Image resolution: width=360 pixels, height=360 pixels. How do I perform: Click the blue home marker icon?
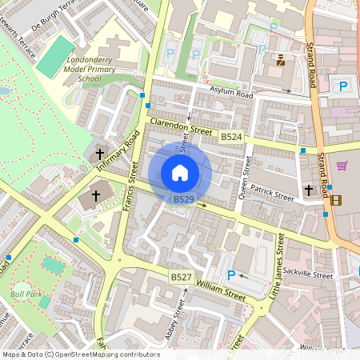click(x=180, y=173)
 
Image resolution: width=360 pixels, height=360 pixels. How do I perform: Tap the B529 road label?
click(x=184, y=198)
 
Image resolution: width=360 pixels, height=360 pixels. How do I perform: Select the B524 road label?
click(x=231, y=138)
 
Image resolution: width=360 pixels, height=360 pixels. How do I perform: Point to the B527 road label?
click(x=181, y=276)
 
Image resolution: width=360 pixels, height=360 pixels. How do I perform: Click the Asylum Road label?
click(x=231, y=94)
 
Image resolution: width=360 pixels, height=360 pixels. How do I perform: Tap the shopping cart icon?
click(x=342, y=166)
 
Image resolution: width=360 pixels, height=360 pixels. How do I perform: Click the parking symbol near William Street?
click(x=231, y=275)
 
